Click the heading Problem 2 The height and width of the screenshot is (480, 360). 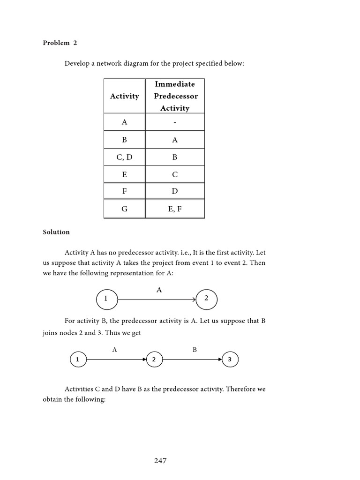(60, 43)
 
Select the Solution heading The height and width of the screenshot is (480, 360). (56, 232)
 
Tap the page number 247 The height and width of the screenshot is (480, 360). (160, 461)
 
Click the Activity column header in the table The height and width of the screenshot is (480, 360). (124, 96)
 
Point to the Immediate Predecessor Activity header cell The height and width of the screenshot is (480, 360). (175, 96)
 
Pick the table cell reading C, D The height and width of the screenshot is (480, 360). (124, 157)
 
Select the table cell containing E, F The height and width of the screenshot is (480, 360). (175, 209)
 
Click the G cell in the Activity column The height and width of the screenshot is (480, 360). (124, 209)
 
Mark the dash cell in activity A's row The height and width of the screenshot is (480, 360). (175, 122)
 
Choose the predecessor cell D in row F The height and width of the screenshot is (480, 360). (175, 191)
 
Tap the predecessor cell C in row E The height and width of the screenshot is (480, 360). (175, 174)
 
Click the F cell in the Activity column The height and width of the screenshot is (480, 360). (124, 191)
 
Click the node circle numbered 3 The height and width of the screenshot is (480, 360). (230, 360)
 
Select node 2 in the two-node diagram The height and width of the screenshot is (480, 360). (206, 299)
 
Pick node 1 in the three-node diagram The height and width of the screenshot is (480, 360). (78, 360)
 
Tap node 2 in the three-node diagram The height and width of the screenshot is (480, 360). (154, 360)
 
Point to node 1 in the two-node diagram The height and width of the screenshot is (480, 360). (106, 299)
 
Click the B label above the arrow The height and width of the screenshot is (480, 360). (195, 350)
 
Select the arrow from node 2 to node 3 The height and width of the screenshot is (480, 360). (192, 360)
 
